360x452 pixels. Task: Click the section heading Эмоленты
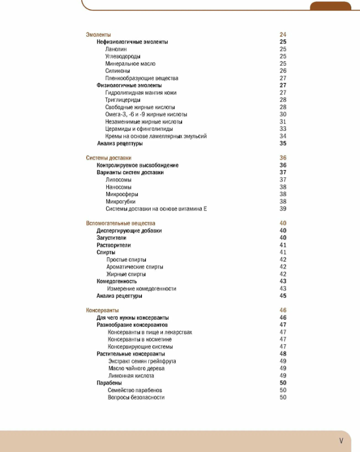point(98,35)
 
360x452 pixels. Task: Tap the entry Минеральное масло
point(130,64)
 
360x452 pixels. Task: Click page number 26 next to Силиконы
point(283,71)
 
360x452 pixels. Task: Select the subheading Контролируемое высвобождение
point(137,165)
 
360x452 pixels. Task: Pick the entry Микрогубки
point(120,202)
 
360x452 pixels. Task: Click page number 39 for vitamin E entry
point(283,209)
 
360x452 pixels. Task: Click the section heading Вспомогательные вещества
point(121,223)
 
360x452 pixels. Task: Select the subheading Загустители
point(111,238)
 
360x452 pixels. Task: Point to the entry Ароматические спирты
point(135,267)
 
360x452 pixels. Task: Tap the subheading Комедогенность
point(117,281)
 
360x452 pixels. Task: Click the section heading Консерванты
point(102,311)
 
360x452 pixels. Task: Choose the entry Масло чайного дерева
point(136,368)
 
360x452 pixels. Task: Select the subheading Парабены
point(109,383)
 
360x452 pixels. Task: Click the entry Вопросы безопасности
point(136,397)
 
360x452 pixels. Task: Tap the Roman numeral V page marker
point(341,440)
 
